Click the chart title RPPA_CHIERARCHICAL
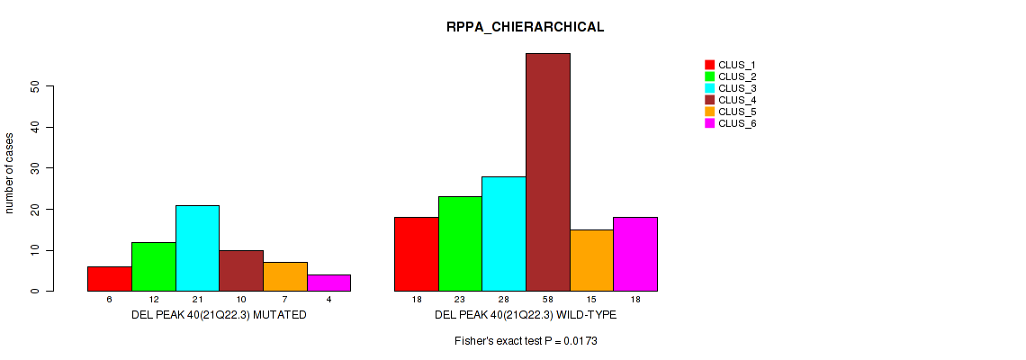pos(525,27)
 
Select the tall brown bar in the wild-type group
pos(547,172)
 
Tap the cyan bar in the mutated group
pos(197,247)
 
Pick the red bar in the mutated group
pos(109,278)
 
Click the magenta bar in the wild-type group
pos(635,254)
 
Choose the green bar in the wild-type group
pos(460,243)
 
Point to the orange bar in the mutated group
pos(284,276)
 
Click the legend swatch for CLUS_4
pos(709,100)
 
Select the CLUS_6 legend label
pos(737,123)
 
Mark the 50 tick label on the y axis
pos(36,86)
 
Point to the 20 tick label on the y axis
pos(36,209)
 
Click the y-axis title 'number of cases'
pos(10,173)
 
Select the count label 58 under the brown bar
pos(547,300)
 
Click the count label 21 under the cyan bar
pos(197,300)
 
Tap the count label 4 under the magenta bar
pos(328,300)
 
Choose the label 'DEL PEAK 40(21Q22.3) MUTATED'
pos(219,315)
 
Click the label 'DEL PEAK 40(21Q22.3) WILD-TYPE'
pos(525,315)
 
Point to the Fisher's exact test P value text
pos(526,342)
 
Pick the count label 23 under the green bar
pos(460,300)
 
